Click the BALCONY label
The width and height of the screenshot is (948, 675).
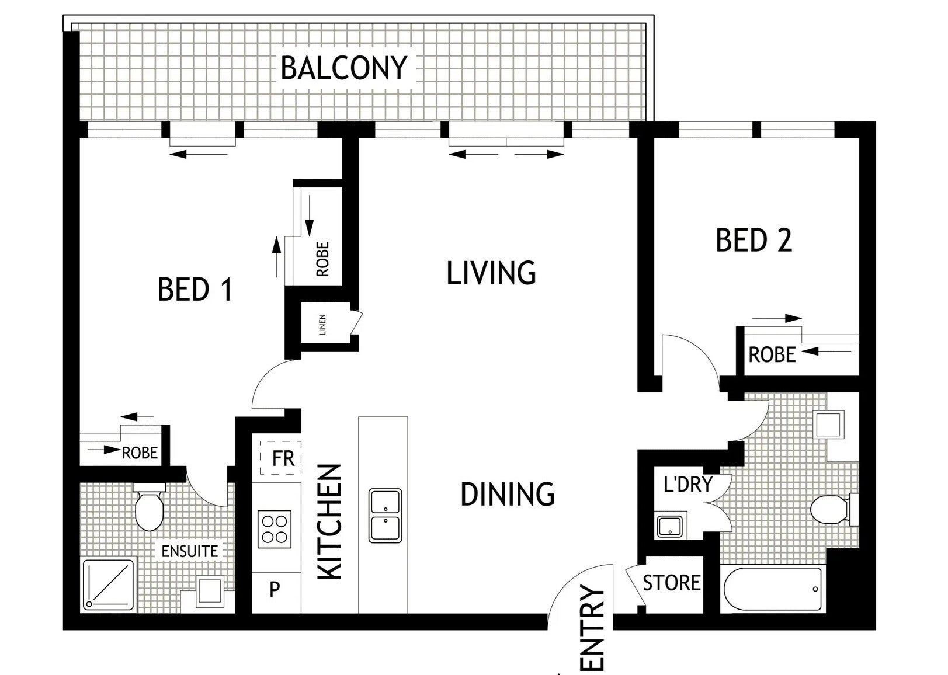click(x=343, y=68)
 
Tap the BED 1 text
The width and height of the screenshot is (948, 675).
click(x=195, y=290)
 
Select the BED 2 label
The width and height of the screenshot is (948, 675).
click(x=753, y=240)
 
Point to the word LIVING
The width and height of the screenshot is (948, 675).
click(x=491, y=273)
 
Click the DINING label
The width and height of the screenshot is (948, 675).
click(x=508, y=495)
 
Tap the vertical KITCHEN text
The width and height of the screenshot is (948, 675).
click(x=329, y=522)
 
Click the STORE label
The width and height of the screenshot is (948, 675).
click(x=672, y=583)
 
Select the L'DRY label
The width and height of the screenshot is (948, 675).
click(x=688, y=484)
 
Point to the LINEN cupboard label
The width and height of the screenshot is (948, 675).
click(x=322, y=325)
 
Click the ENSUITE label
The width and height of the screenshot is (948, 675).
click(x=190, y=551)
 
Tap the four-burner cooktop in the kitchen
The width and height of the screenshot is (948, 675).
click(x=275, y=529)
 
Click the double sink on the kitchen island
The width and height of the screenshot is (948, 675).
click(x=385, y=516)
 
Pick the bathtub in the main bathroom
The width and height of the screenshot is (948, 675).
click(x=772, y=589)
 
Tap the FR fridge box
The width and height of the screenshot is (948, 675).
click(x=280, y=458)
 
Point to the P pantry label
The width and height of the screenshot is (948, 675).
click(x=275, y=589)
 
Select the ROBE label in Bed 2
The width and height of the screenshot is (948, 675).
click(x=772, y=354)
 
